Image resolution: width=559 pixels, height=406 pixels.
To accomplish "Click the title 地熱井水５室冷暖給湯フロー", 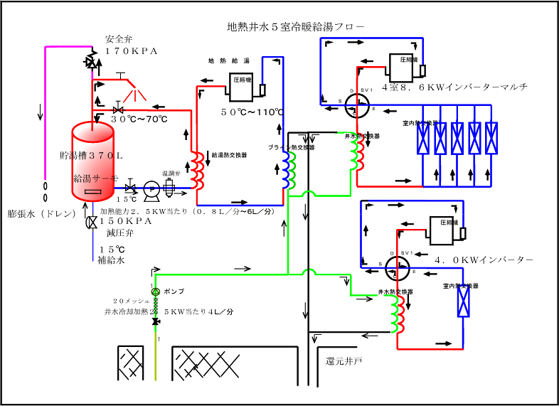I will point(294,27).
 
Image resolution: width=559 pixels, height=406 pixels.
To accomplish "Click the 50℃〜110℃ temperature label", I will point(252,112).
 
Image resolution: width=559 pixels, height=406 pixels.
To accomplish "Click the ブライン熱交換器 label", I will point(292,146).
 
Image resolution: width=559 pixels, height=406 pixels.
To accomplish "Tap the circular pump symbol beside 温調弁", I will point(151,188).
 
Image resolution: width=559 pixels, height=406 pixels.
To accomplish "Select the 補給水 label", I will point(112,261).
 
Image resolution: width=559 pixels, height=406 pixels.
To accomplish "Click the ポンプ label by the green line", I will point(174,292).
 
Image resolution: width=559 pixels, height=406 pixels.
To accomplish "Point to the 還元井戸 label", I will point(344,361).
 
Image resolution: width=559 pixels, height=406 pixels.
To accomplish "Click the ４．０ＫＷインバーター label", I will point(484,260).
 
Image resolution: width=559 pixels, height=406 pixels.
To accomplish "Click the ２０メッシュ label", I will point(133,301).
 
